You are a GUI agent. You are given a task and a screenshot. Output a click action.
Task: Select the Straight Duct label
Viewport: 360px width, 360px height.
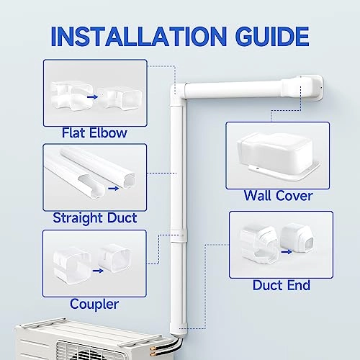(95, 217)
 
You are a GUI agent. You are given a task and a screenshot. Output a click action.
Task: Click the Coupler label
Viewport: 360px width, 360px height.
(95, 304)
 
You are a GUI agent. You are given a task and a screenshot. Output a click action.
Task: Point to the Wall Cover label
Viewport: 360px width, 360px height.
(277, 195)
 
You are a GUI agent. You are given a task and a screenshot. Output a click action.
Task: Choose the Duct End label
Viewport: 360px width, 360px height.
(282, 285)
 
